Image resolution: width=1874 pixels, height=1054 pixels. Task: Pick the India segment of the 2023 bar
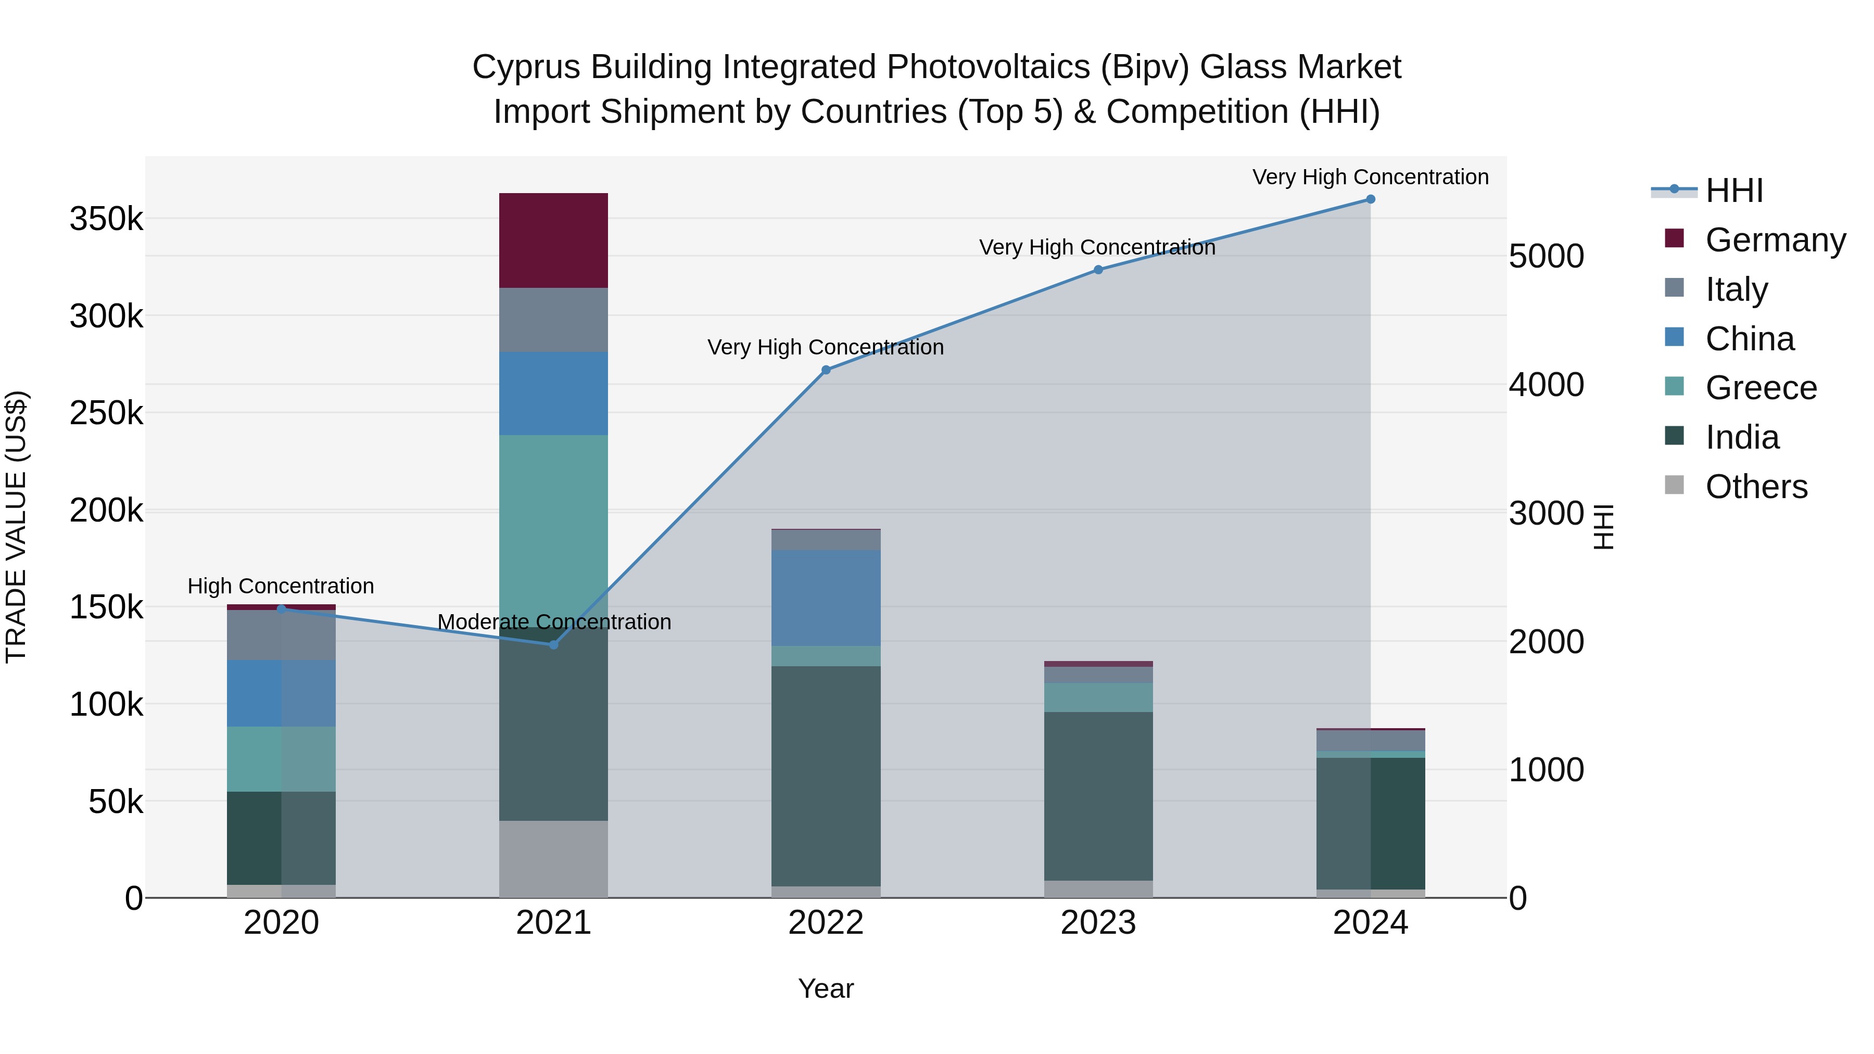tap(1098, 796)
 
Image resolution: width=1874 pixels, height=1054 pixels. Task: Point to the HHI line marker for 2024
tap(1371, 199)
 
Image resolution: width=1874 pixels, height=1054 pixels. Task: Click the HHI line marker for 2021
tap(554, 644)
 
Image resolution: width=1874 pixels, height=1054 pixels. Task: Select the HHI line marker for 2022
tap(826, 370)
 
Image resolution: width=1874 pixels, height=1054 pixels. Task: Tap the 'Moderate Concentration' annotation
tap(554, 622)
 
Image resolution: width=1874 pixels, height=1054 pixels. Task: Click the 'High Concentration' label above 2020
tap(281, 586)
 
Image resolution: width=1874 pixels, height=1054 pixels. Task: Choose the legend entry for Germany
tap(1775, 240)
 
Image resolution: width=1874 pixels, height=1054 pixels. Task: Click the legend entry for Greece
tap(1761, 388)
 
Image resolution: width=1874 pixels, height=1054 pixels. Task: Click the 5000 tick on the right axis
tap(1546, 257)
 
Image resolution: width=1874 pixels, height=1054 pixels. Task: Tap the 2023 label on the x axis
tap(1098, 923)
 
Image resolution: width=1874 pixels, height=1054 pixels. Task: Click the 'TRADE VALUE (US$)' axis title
tap(16, 527)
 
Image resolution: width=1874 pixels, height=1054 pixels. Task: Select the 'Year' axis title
tap(826, 988)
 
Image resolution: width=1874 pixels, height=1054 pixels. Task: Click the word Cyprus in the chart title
tap(525, 67)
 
